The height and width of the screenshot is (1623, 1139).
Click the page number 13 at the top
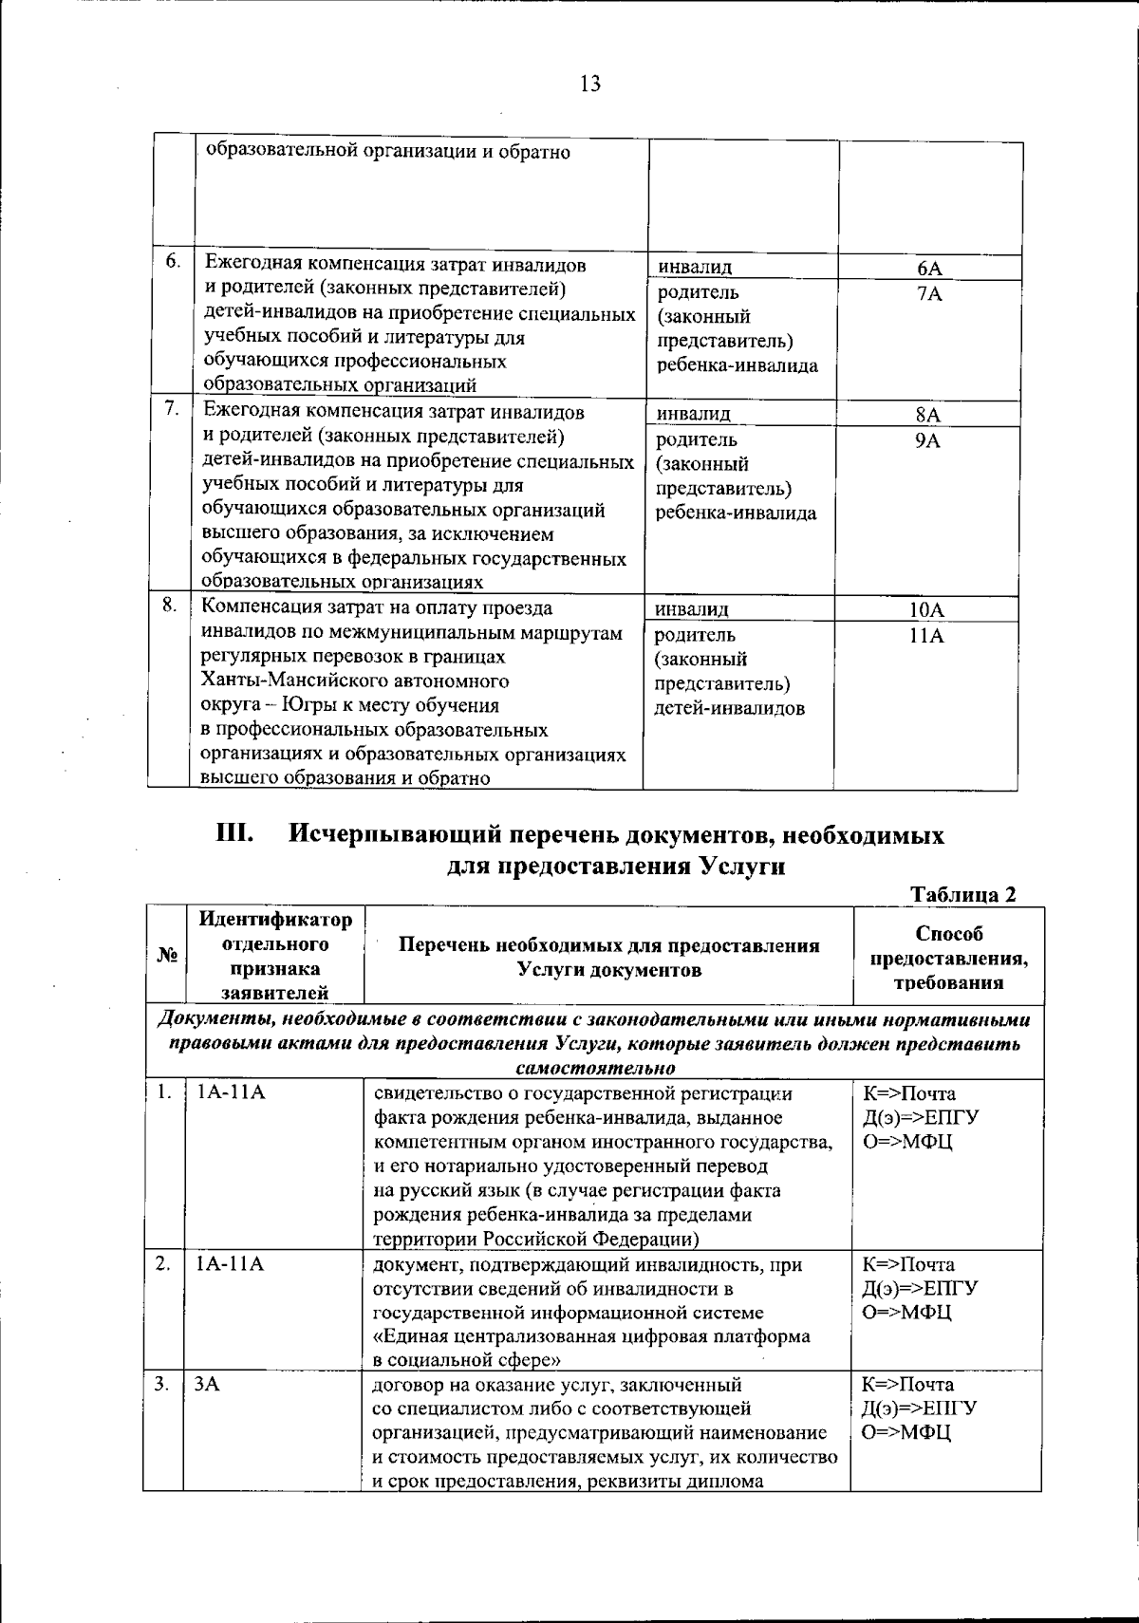(589, 84)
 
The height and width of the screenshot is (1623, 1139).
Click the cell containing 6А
(928, 269)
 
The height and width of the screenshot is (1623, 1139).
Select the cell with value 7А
(928, 294)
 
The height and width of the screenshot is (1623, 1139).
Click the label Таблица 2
(962, 895)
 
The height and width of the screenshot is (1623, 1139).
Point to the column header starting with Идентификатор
(275, 956)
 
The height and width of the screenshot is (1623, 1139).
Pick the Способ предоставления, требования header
(948, 958)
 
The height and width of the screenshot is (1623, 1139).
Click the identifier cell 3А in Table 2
(206, 1385)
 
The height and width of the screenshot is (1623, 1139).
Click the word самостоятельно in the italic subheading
(595, 1069)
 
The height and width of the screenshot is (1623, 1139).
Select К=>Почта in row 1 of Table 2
(909, 1093)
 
